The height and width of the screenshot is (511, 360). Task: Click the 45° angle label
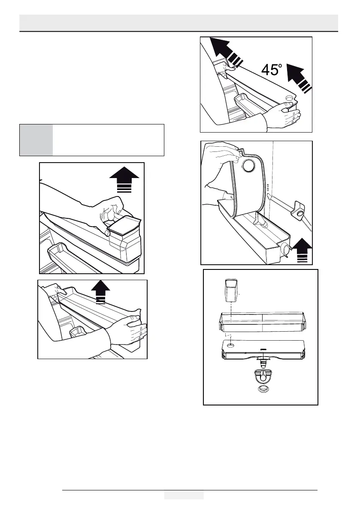[271, 70]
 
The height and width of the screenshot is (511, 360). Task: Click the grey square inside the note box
[36, 140]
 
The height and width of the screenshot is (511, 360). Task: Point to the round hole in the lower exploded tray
[230, 345]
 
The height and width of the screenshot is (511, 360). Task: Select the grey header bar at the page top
[178, 22]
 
